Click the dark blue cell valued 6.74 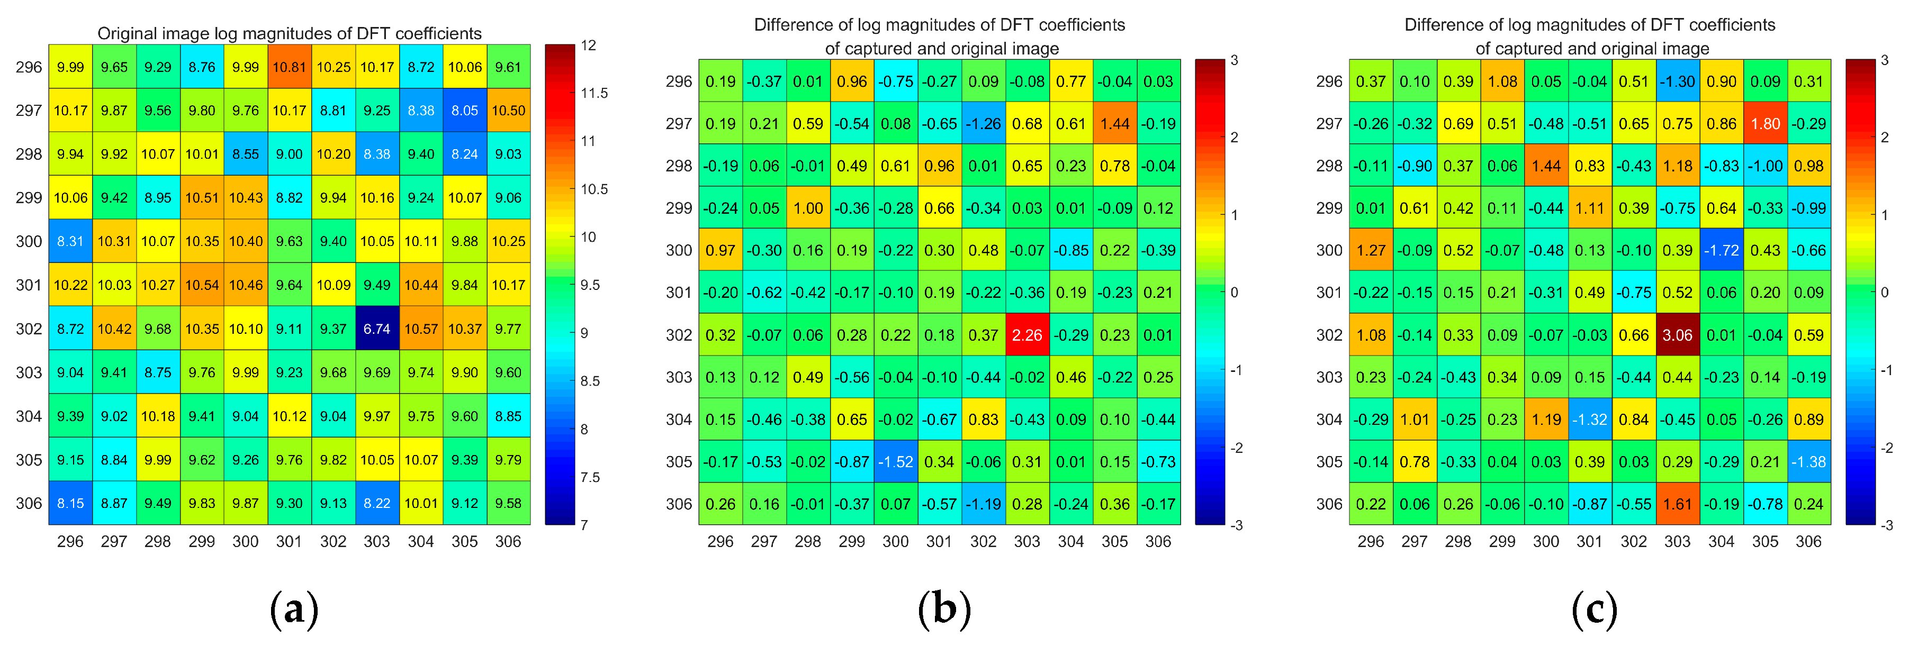click(376, 328)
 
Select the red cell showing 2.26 click(1026, 335)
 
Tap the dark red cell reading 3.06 click(1677, 335)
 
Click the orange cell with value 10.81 click(289, 67)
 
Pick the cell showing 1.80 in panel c click(1765, 124)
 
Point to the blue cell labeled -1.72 click(1721, 250)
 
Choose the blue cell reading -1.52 click(895, 461)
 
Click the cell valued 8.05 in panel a click(465, 111)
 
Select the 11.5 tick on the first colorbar click(593, 93)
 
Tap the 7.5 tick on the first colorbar click(590, 477)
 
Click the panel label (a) click(294, 609)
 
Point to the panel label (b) click(944, 609)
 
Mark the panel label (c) click(1594, 609)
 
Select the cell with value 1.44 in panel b click(1114, 124)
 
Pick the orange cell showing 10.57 click(421, 328)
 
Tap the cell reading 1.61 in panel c click(1677, 504)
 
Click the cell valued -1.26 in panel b click(983, 124)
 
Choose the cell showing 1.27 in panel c click(1370, 250)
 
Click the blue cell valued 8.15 click(70, 503)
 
